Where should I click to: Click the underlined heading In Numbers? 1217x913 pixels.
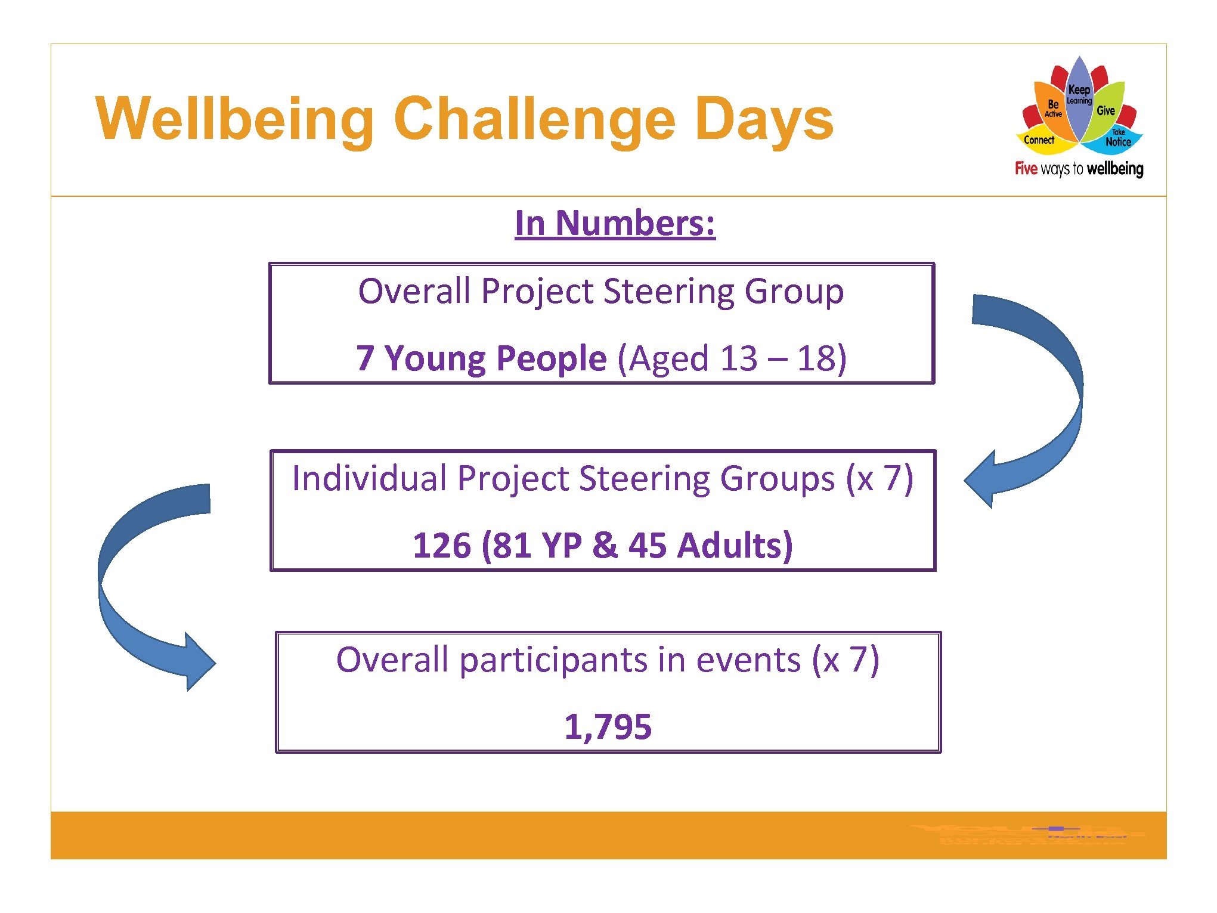point(615,223)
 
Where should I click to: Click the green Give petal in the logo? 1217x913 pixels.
point(1106,110)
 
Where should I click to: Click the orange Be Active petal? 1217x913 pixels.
point(1052,107)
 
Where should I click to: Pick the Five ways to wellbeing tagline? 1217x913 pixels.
point(1079,169)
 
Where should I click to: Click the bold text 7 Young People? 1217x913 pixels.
point(481,358)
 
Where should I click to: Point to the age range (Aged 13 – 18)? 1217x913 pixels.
point(732,358)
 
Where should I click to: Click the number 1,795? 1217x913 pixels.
point(608,726)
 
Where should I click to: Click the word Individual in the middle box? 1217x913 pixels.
point(369,478)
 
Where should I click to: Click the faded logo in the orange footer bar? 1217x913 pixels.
point(1026,834)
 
